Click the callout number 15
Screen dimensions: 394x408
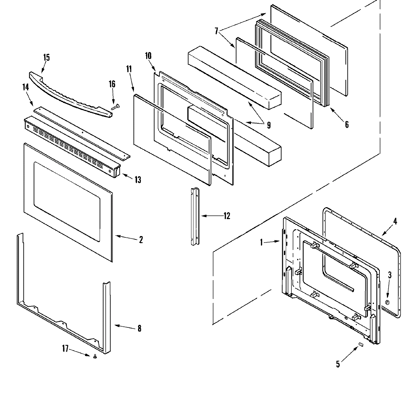46,57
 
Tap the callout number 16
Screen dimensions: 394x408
112,84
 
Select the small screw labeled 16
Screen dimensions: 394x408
115,107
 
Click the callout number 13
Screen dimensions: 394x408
137,180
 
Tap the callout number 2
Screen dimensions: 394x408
140,240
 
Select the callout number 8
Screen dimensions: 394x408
139,329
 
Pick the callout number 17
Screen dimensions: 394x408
65,348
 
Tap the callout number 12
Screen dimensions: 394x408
226,216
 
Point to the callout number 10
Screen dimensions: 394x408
148,56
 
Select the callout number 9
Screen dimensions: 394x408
269,125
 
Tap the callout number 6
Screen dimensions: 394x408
346,125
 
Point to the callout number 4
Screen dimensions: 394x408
395,221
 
